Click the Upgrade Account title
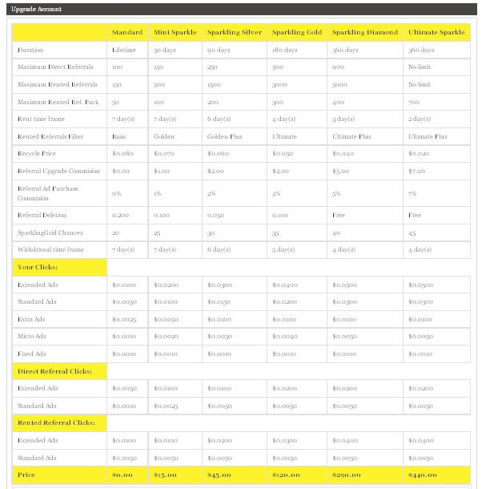[x=37, y=9]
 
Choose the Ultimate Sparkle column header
[x=436, y=33]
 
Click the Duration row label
[x=30, y=50]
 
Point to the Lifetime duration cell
[x=125, y=50]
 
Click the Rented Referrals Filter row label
[x=49, y=136]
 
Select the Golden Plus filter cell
[x=226, y=136]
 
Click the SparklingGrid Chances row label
[x=48, y=232]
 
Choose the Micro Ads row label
[x=33, y=336]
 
